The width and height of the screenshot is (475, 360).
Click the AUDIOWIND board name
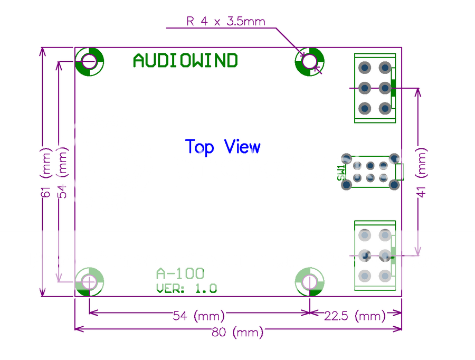[x=185, y=61]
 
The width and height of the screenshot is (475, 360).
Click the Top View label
[x=223, y=147]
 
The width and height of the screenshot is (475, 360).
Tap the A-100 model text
[x=180, y=273]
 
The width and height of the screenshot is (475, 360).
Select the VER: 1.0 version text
[x=186, y=289]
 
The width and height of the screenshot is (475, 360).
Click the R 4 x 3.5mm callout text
[x=225, y=22]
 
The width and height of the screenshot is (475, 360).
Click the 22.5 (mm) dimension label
[x=355, y=316]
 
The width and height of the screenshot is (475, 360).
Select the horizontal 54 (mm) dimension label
[x=199, y=316]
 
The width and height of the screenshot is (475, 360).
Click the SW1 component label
[x=340, y=172]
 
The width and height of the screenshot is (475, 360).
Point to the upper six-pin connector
[x=375, y=88]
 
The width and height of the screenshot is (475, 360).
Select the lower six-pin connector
[x=375, y=255]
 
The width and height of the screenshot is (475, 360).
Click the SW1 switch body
[x=370, y=172]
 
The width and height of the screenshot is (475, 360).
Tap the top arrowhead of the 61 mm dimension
[x=42, y=51]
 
